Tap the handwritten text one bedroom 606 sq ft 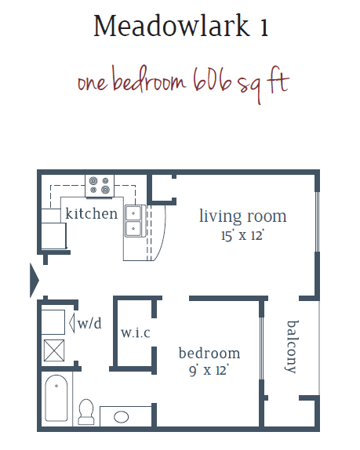coord(183,82)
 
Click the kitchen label coord(92,213)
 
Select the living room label coord(242,216)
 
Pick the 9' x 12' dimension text coord(209,370)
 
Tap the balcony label coord(293,346)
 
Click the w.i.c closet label coord(136,332)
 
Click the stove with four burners coord(100,184)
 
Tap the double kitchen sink coord(133,221)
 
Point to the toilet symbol coord(86,410)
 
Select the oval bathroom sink coord(122,416)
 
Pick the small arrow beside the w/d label coord(73,322)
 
